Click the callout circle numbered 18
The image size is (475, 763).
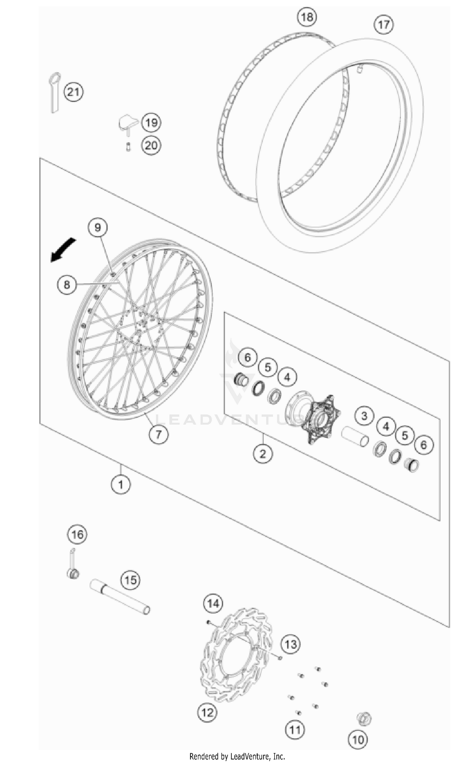pos(307,17)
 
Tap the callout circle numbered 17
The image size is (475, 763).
pos(383,25)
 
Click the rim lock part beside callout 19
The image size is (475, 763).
pos(128,122)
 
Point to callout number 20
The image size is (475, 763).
pos(151,146)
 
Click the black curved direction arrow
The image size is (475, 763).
pos(63,250)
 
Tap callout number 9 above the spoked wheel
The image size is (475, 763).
pos(98,227)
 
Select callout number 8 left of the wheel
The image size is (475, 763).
pos(66,284)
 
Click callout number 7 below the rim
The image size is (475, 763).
pos(158,434)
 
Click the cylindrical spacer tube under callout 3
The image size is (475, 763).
pos(355,436)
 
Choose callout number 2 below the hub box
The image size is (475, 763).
pos(263,454)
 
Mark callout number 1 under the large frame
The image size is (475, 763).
pos(120,484)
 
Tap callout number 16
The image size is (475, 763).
pos(77,535)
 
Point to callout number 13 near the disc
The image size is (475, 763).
pos(290,644)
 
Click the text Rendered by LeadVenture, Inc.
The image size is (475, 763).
pos(237,756)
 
